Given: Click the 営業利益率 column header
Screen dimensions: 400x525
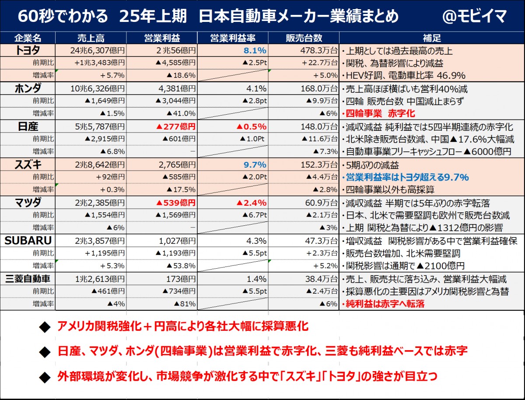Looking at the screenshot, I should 232,38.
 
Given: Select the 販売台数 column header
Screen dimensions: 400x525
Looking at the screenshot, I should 303,38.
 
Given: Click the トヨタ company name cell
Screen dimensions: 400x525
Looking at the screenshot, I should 28,50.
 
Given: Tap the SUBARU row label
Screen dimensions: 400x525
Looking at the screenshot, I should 28,241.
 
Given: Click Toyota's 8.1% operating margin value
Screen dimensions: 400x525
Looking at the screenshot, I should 255,50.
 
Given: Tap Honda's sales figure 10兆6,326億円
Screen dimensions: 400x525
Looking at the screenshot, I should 97,89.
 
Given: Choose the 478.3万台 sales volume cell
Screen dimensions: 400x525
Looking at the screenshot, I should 318,50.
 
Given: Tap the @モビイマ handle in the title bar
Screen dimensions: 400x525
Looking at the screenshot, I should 474,17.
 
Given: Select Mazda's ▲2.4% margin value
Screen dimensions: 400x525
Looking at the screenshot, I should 252,203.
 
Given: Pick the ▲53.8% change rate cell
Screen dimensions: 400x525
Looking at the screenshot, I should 181,266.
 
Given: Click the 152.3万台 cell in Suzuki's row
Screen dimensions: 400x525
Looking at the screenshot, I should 318,165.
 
